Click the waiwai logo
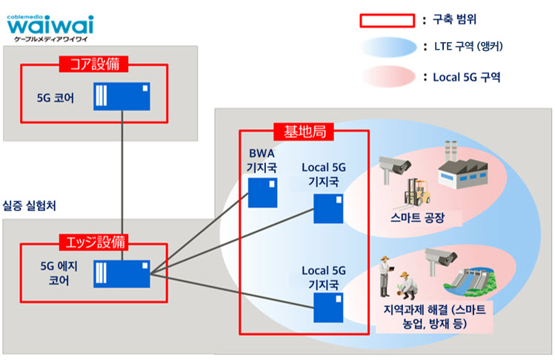[x=50, y=28]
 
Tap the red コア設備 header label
[x=93, y=64]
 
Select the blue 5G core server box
[x=122, y=96]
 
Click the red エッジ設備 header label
[x=95, y=242]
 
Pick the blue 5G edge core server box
[x=122, y=274]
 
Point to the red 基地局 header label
[x=304, y=132]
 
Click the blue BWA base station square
[x=262, y=193]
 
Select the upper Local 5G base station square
[x=328, y=208]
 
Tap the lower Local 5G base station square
[x=328, y=307]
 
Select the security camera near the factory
[x=393, y=169]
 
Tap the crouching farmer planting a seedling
[x=407, y=286]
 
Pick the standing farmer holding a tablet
[x=386, y=276]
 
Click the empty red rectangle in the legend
[x=388, y=21]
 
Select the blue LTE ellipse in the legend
[x=388, y=47]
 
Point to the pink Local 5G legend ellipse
[x=388, y=77]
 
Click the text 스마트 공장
[x=417, y=217]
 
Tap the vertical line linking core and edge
[x=122, y=185]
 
